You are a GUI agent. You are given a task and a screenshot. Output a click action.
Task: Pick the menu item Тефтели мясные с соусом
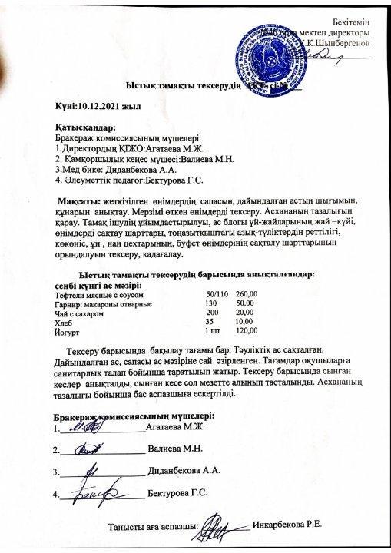[x=98, y=294]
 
